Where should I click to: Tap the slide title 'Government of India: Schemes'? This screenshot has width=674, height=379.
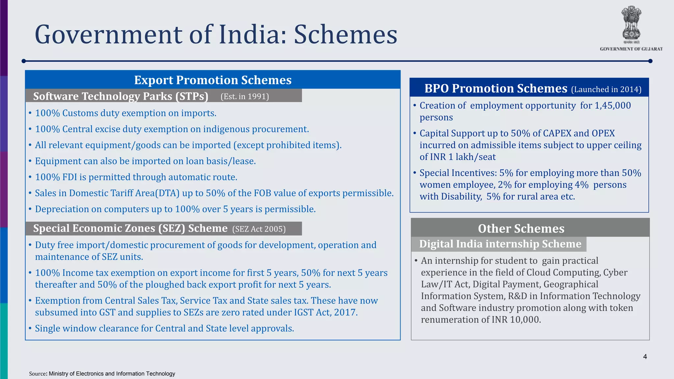click(216, 35)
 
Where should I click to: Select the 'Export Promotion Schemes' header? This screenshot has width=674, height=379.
click(213, 80)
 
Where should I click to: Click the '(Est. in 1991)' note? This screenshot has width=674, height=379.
click(245, 96)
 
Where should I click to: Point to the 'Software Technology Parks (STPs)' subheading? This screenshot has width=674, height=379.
click(120, 96)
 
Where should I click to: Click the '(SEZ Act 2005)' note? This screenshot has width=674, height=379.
click(259, 229)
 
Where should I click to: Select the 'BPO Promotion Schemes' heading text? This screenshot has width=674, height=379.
click(496, 88)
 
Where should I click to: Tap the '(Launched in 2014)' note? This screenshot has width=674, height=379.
click(606, 89)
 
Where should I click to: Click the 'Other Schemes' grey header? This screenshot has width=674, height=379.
click(521, 228)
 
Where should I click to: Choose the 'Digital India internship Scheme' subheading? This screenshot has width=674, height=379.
click(500, 244)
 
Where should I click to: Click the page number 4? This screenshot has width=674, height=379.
click(645, 357)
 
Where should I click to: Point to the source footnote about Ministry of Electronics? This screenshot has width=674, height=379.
click(102, 374)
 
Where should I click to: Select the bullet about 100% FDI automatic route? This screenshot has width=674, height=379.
click(136, 177)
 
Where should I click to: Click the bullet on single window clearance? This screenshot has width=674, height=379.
click(164, 328)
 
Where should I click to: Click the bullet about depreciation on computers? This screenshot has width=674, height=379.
click(175, 209)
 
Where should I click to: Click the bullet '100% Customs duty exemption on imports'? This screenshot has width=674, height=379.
click(125, 113)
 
